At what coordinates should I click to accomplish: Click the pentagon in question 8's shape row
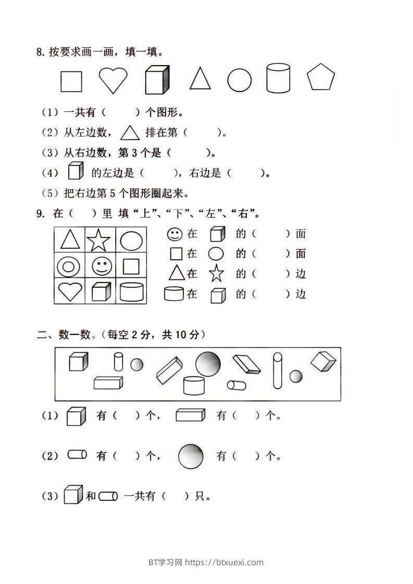coord(321,78)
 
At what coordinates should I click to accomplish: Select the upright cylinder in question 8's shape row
coord(278,78)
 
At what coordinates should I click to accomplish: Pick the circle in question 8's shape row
coord(239,80)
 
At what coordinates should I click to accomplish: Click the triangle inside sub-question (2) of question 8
coord(130,133)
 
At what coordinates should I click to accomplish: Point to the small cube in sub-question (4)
coord(76,171)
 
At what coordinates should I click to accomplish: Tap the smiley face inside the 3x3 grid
coord(101,266)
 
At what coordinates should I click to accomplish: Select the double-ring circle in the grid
coord(69,267)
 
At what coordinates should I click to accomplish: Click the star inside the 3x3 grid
coord(98,240)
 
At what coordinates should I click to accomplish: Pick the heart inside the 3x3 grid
coord(69,292)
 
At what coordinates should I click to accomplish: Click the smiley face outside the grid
coord(174,234)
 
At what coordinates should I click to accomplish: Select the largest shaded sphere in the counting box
coord(208,363)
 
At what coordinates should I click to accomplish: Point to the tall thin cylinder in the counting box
coord(277,370)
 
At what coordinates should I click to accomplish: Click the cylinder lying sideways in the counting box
coord(237,386)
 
